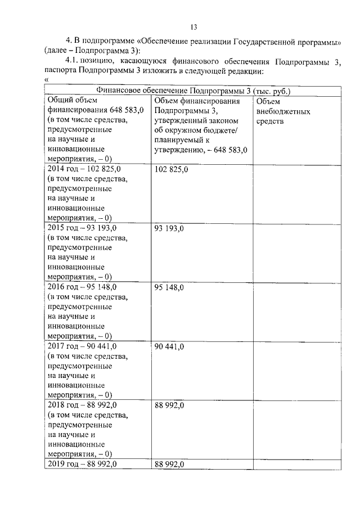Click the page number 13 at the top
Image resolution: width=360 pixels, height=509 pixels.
[x=194, y=27]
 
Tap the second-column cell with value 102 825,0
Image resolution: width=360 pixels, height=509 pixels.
[x=171, y=169]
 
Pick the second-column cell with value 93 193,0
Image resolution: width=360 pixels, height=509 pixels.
[x=169, y=228]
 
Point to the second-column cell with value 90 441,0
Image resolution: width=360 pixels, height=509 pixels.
[x=169, y=346]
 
